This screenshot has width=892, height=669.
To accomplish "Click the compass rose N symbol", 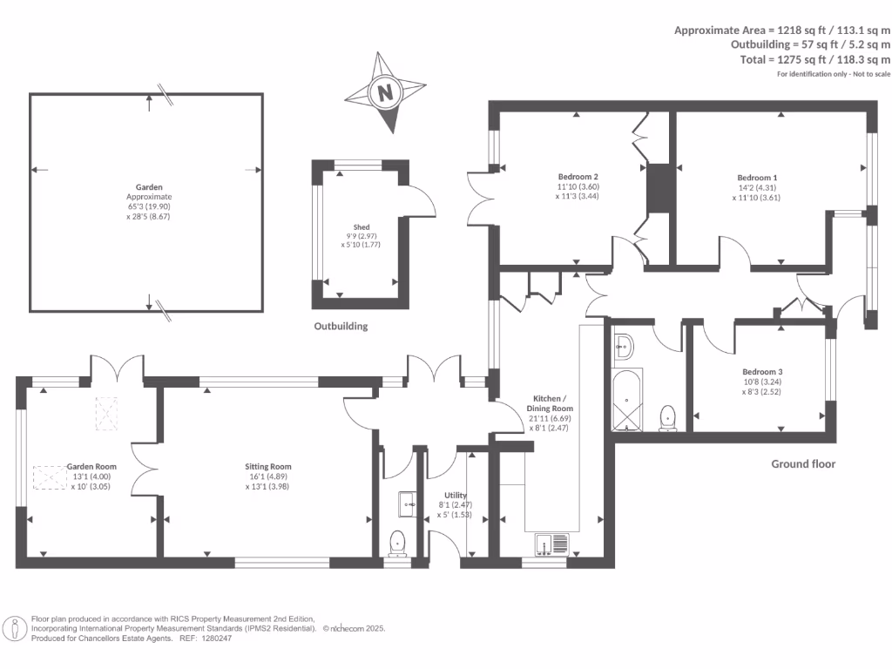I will tap(385, 91).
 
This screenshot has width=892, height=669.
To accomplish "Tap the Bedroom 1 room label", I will tap(754, 177).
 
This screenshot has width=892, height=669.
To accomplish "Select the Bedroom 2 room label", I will tap(578, 176).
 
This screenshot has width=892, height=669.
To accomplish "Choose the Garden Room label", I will tap(91, 467).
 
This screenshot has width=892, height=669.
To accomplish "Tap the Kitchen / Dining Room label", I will tap(551, 402).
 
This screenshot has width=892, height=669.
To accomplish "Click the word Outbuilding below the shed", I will tap(341, 327).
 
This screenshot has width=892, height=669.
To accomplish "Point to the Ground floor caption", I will tap(803, 464).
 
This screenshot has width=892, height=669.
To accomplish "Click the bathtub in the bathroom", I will tap(627, 402).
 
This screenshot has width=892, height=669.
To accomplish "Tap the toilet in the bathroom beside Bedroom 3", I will tap(668, 417).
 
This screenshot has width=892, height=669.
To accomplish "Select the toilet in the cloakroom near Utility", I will tap(398, 542).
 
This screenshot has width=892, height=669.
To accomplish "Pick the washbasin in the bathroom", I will tap(624, 348).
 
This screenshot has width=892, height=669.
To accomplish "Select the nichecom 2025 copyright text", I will tap(354, 628).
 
